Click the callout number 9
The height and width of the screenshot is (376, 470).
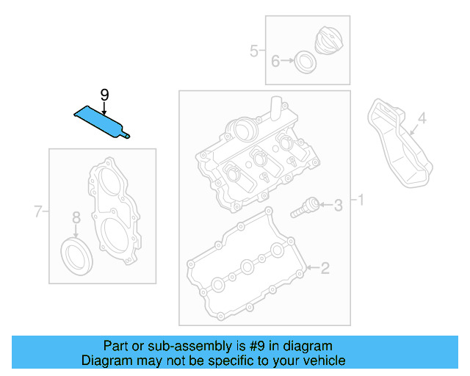coord(104,94)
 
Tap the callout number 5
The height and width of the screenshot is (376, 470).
coord(253,51)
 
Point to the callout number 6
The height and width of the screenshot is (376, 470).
coord(275,61)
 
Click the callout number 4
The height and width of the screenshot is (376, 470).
coord(422,118)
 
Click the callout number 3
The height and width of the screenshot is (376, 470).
coord(338,205)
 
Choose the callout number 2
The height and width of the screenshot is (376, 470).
coord(325,268)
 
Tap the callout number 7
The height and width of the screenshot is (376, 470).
coord(39,213)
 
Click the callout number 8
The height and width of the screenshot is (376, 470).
coord(76,217)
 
